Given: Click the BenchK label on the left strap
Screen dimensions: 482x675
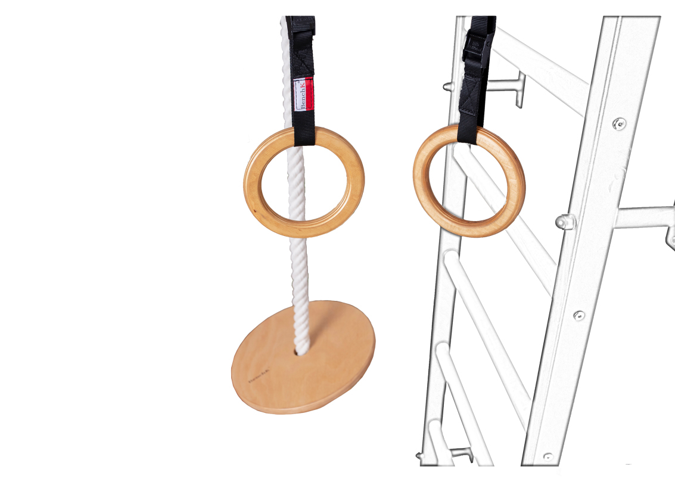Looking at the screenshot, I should (x=303, y=94).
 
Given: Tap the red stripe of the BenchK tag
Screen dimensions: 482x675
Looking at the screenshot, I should (x=310, y=94).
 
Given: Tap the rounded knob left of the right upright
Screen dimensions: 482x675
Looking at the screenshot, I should (x=563, y=221).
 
